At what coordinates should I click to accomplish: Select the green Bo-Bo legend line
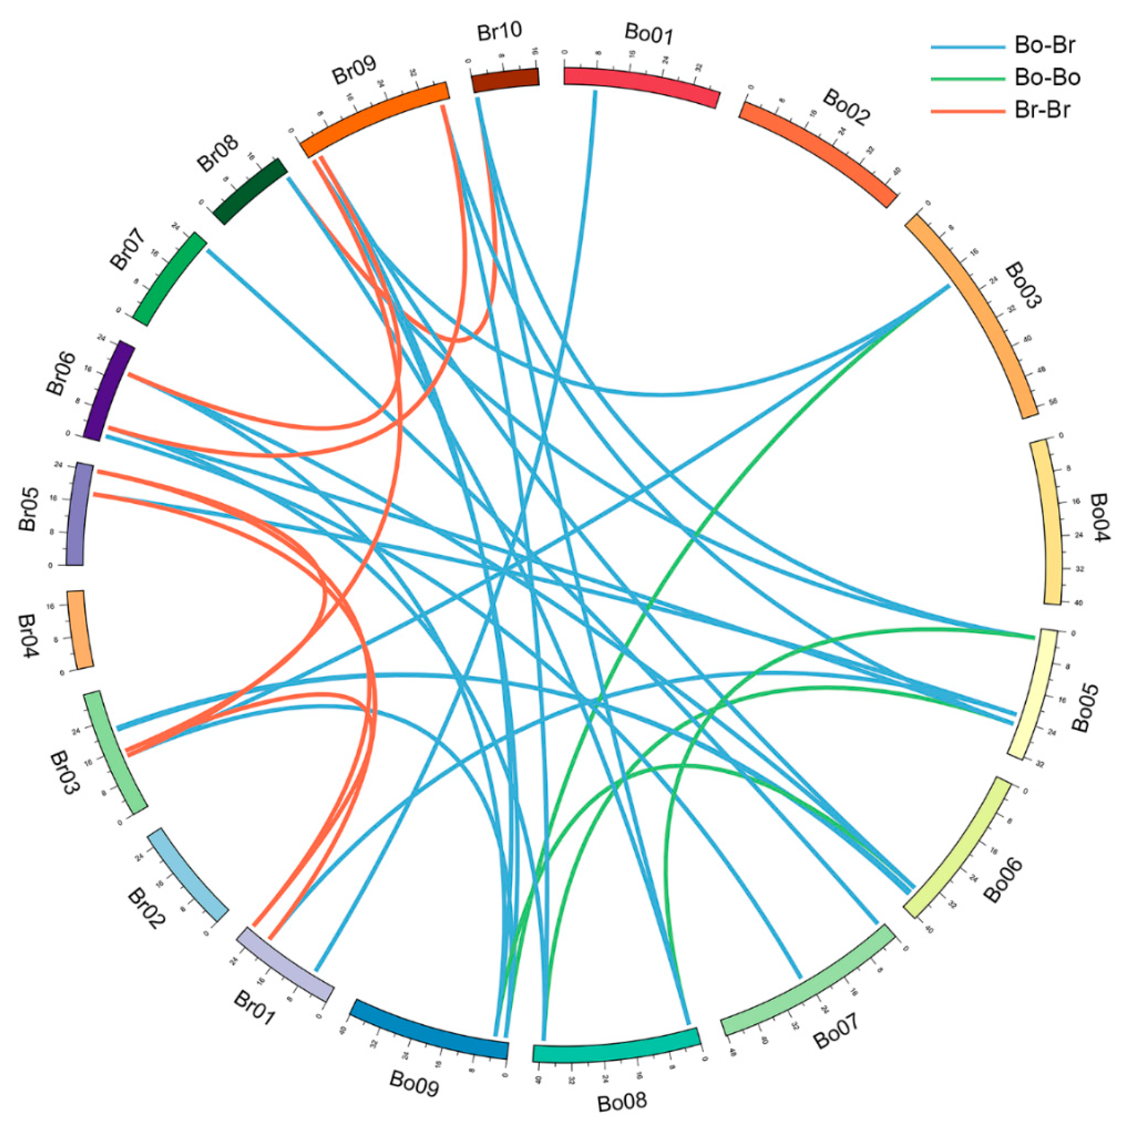coord(968,78)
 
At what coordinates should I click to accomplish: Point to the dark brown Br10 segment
coord(506,80)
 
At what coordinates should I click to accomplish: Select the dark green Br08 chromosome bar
coord(250,191)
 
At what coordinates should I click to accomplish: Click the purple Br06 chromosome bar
coord(110,390)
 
